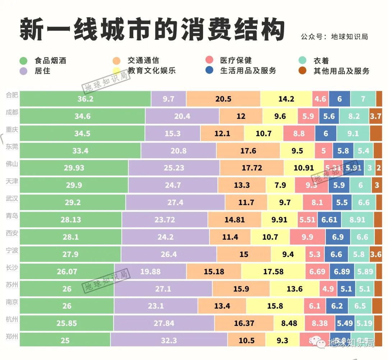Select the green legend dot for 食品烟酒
[x=24, y=60]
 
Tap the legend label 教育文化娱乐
[x=151, y=70]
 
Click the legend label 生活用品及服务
[x=248, y=70]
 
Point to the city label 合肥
[x=12, y=95]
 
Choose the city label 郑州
[x=12, y=336]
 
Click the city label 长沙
[x=12, y=267]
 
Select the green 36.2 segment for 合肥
[x=85, y=99]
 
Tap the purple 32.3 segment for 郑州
[x=169, y=340]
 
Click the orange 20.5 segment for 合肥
[x=223, y=99]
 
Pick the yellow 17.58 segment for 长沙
[x=273, y=271]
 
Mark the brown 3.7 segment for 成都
[x=375, y=116]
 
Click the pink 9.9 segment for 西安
[x=307, y=237]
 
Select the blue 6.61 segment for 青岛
[x=329, y=220]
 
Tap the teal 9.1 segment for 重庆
[x=353, y=133]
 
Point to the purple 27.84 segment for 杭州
[x=164, y=323]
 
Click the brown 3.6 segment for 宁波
[x=376, y=254]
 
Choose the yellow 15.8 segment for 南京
[x=275, y=306]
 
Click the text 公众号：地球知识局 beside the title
[x=334, y=37]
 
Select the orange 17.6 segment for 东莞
[x=248, y=151]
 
